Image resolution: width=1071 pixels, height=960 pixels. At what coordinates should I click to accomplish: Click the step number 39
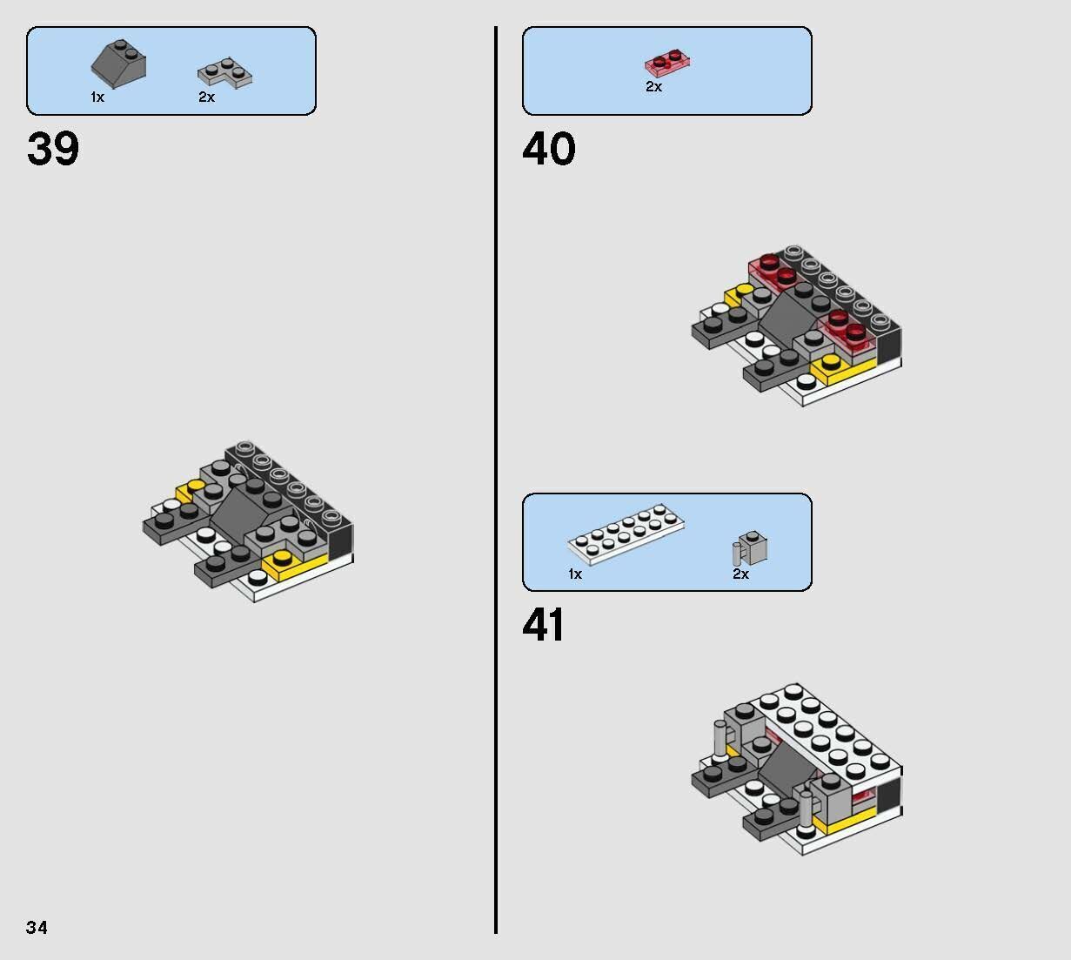coord(53,149)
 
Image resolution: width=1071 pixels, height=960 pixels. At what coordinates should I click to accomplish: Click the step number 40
coord(548,149)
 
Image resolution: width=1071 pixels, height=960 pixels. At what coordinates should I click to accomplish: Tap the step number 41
coord(544,625)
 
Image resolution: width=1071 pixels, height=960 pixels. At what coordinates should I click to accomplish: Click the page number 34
coord(37,928)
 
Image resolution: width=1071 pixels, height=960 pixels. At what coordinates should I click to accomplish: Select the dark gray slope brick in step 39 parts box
coord(118,62)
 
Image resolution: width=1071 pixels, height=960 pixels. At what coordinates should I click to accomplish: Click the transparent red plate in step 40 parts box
coord(667,63)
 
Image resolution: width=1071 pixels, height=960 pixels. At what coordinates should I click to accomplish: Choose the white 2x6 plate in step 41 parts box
coord(626,533)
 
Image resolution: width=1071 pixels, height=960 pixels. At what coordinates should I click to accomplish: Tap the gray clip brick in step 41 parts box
coord(752,547)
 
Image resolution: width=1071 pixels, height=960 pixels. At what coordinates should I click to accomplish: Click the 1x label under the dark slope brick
coord(97,97)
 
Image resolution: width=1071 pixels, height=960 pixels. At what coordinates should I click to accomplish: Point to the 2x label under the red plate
coord(653,87)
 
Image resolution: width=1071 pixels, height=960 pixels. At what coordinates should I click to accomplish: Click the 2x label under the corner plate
coord(206,97)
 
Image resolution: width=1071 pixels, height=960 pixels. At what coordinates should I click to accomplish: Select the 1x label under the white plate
coord(575,574)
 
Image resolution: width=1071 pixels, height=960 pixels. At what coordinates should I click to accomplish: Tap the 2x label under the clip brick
coord(740,574)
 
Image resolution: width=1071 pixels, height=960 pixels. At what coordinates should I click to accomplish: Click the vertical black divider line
coord(496,479)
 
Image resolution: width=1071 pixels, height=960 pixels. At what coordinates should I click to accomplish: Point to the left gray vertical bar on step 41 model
coord(720,740)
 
